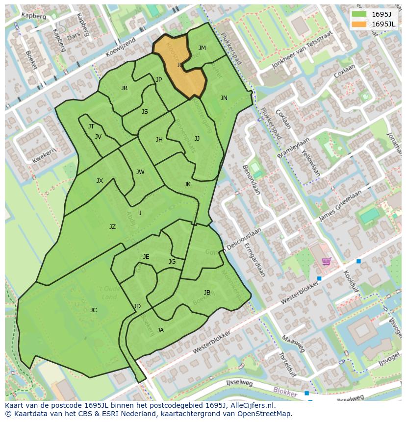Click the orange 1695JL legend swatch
358,24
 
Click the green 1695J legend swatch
358,14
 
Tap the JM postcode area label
202,48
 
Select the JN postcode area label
224,98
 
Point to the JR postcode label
124,88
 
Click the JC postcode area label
93,310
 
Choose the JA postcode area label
160,330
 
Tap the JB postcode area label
207,293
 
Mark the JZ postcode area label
112,227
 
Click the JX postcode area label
100,181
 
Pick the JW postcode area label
140,172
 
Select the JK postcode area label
187,184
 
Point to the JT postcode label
91,126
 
